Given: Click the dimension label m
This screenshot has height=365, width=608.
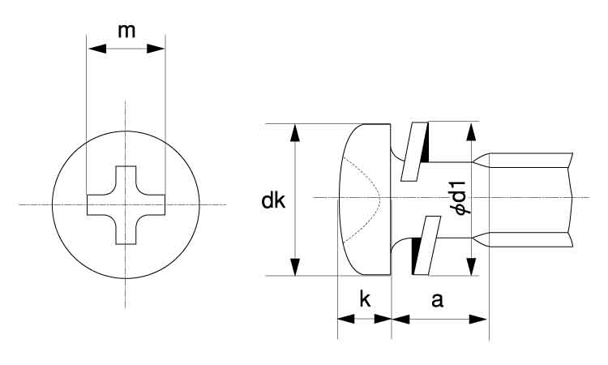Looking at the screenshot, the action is tap(126, 31).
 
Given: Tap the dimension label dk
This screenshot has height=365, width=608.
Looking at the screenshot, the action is tap(273, 200).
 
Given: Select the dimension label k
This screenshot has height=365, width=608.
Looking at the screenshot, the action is tap(365, 299).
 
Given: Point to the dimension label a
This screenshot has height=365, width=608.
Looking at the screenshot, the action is tap(437, 300).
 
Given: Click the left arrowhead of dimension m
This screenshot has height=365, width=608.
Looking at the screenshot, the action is tap(97, 49).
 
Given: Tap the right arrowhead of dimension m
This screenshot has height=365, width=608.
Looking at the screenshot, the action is tap(156, 49).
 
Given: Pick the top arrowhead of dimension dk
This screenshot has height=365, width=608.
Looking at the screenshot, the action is tap(295, 133).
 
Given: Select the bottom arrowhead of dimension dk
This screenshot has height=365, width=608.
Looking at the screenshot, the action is tap(295, 267).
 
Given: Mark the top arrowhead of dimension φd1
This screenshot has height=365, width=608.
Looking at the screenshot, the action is tap(471, 132).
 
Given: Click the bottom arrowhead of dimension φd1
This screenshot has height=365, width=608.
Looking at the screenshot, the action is tap(471, 267).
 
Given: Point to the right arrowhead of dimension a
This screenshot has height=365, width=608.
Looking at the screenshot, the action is tap(477, 320).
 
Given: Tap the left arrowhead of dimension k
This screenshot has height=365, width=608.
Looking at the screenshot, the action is tap(346, 320).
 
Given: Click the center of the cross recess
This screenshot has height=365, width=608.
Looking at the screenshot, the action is tap(126, 204).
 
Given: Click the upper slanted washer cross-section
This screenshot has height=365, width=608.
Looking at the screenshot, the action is tap(414, 152).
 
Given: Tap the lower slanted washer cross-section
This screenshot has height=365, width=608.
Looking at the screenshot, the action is tap(427, 246).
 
